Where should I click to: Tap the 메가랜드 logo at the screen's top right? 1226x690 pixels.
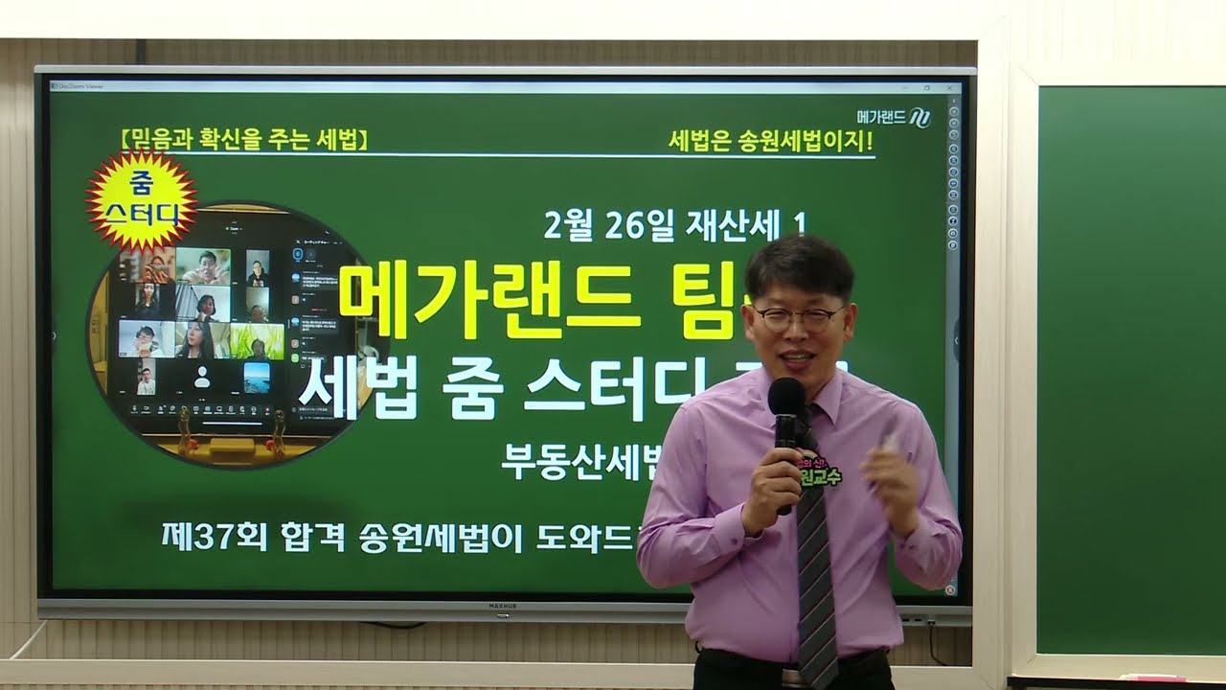893,118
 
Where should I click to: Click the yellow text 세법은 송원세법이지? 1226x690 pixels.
771,140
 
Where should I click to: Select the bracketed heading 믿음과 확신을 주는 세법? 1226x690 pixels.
245,139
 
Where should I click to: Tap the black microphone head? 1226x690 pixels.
786,399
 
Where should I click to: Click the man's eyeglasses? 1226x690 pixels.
797,317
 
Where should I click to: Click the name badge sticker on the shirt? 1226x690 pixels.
819,471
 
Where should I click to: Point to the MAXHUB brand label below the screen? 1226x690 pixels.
503,607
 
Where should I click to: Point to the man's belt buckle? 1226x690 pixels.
791,677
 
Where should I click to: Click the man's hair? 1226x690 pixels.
800,264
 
